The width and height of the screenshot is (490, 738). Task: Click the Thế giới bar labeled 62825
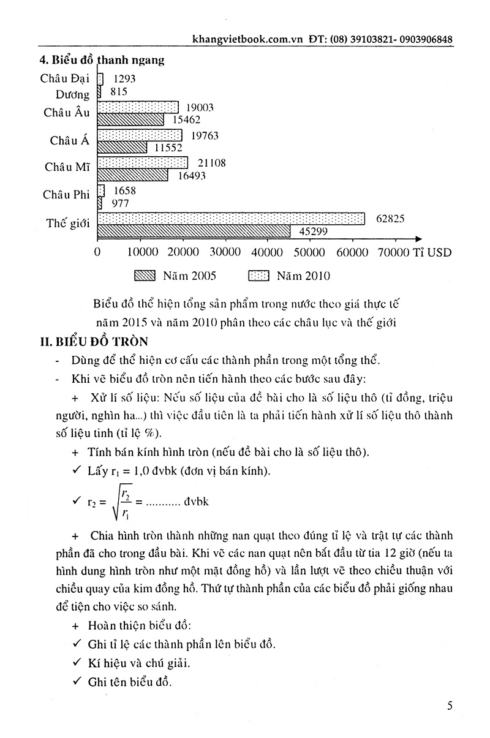[231, 219]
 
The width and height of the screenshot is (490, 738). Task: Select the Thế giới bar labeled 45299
[194, 231]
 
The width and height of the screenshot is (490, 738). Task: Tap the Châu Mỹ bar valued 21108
[143, 162]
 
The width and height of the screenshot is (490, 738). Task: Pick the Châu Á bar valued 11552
[123, 148]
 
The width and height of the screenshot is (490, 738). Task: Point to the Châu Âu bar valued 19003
[138, 107]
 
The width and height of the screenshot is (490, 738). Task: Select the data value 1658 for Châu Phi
[124, 190]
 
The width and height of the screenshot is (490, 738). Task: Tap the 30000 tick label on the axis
[225, 252]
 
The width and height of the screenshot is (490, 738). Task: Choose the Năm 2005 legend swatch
[145, 276]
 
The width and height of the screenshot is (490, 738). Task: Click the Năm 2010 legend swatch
[258, 276]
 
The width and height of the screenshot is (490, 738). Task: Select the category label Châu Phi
[66, 195]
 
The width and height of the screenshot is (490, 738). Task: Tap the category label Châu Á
[70, 140]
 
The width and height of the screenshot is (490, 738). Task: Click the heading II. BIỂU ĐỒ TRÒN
[94, 341]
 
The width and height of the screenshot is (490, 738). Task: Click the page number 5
[450, 706]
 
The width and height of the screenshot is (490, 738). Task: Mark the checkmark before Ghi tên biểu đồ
[77, 680]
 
